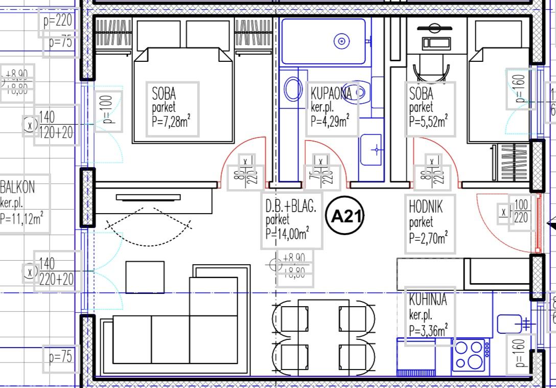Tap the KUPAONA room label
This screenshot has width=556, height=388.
click(x=331, y=93)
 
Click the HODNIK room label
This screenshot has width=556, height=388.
click(x=426, y=207)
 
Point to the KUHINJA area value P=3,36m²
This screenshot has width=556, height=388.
click(x=428, y=328)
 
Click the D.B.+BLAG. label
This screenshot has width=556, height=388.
click(x=291, y=207)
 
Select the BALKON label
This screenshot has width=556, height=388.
click(x=18, y=187)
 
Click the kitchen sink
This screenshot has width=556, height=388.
click(x=509, y=323)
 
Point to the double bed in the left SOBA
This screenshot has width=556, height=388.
click(x=183, y=95)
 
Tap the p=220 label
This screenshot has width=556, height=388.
click(x=58, y=21)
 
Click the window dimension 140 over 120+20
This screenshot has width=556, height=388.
click(x=56, y=124)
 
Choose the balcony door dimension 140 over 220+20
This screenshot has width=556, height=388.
click(x=56, y=271)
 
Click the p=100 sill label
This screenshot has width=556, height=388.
click(x=108, y=111)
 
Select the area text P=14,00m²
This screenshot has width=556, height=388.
click(x=288, y=234)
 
